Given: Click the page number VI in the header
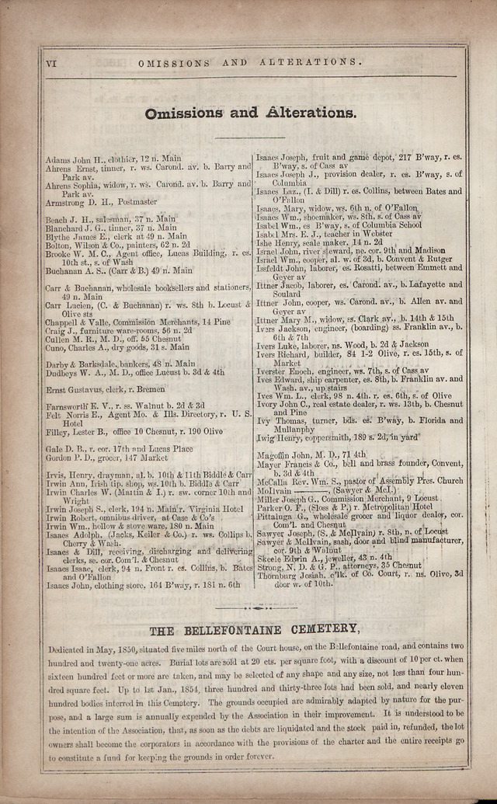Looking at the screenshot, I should [51, 61].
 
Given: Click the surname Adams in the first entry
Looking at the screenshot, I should [57, 158].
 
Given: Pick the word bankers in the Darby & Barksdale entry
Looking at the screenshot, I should [127, 363].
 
